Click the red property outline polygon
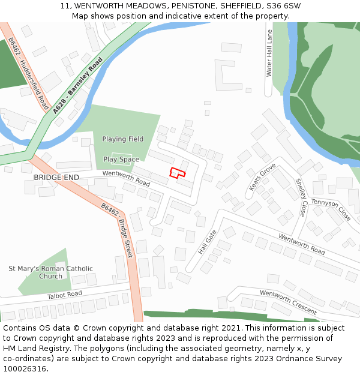pos(176,173)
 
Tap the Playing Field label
pos(122,139)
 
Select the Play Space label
pos(121,160)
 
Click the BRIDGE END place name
pos(56,178)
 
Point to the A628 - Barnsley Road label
pos(77,86)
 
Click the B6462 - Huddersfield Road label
pos(29,74)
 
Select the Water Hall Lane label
pos(269,53)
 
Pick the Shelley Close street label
pos(301,197)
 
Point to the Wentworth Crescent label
pos(288,302)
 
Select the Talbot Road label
pos(64,295)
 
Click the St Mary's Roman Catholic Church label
pos(51,272)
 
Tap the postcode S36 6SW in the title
pos(282,6)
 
